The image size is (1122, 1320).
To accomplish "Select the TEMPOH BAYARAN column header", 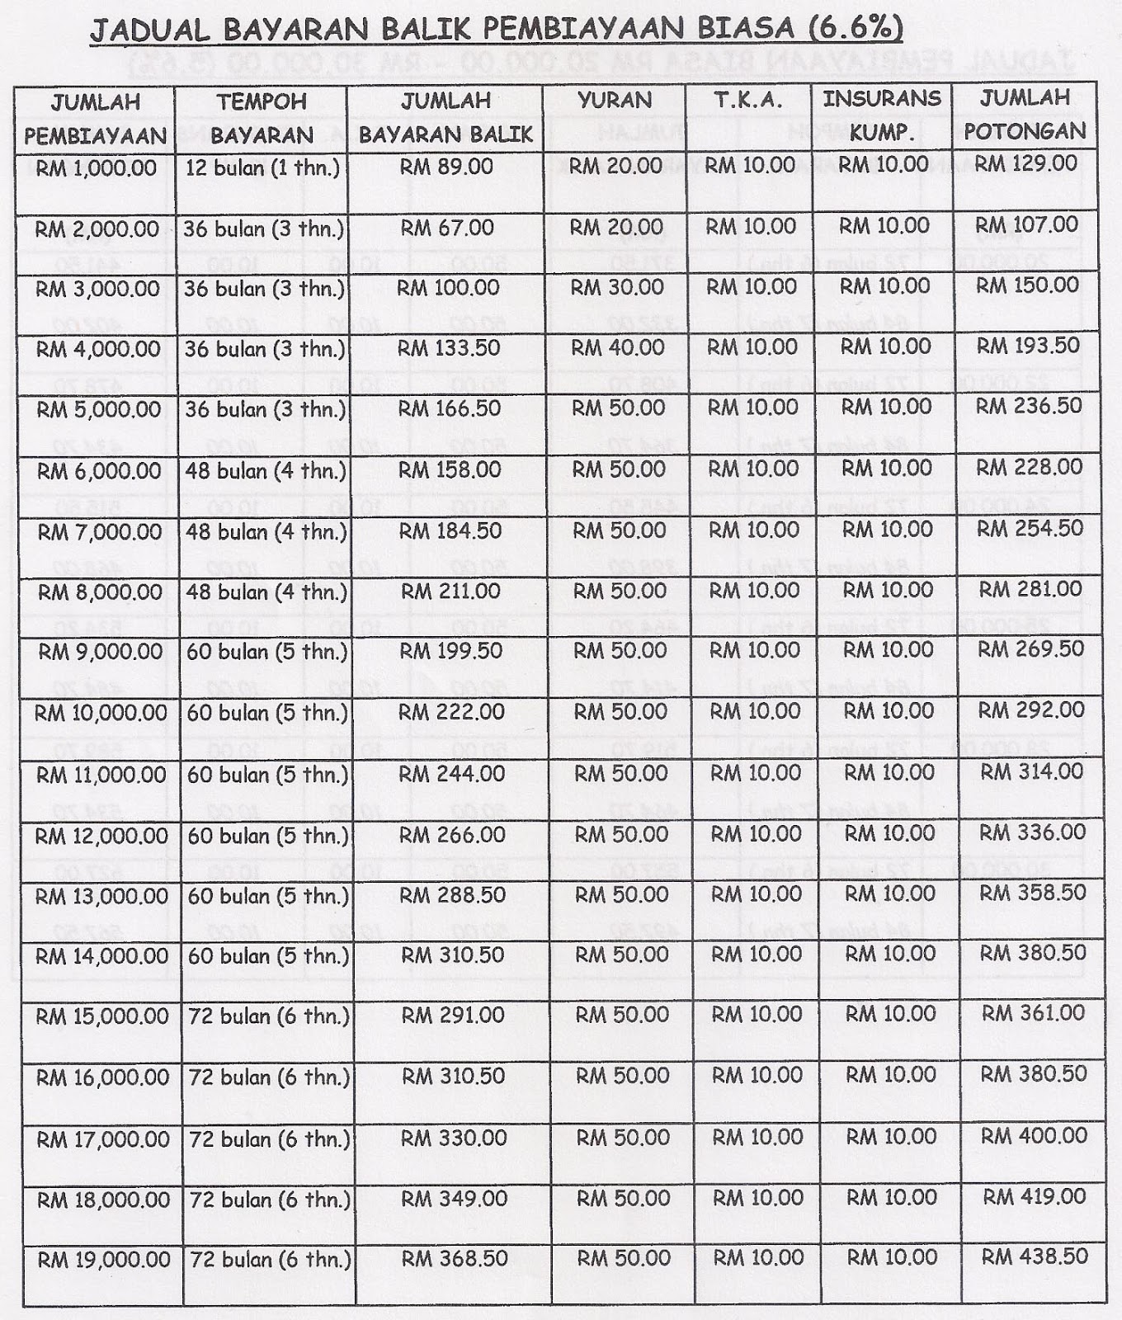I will tap(262, 118).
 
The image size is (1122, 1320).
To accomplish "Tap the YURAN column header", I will tap(615, 101).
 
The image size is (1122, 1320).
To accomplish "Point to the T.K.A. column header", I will tap(749, 101).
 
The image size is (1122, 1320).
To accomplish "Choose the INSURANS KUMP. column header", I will tap(882, 115).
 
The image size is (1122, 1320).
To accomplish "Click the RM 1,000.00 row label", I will tap(96, 168).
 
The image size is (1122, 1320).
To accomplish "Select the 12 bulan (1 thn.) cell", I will tap(262, 168).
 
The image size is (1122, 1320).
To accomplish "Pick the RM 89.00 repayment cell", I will tap(446, 167).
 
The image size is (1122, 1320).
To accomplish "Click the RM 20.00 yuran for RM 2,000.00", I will tap(616, 227).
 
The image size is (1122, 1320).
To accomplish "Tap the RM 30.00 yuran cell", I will tap(617, 287).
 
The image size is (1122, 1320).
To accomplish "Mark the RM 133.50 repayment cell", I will tap(449, 348).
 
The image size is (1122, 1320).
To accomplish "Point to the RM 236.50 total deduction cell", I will tap(1029, 407).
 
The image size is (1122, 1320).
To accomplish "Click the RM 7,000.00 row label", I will tap(100, 532).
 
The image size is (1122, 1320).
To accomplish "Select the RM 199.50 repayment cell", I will tap(451, 651).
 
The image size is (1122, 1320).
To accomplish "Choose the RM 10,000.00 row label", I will tap(101, 713).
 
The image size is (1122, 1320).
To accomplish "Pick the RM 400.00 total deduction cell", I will tap(1034, 1136).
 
